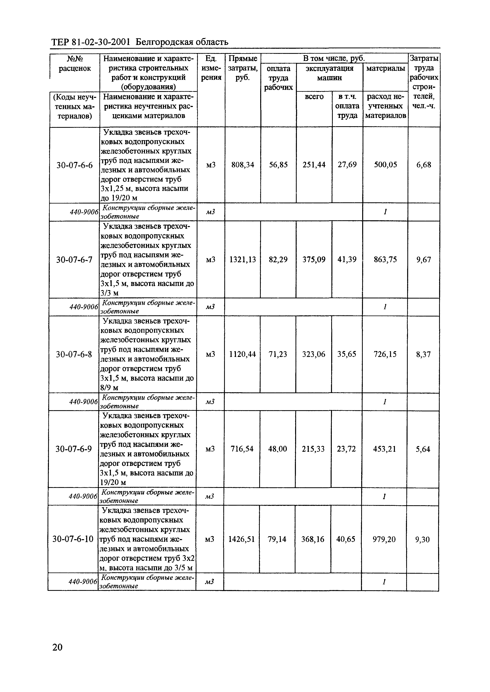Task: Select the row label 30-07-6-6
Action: (75, 165)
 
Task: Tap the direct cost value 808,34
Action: (243, 165)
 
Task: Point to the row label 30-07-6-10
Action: (73, 539)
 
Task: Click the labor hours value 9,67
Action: (424, 259)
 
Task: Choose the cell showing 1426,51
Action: (241, 539)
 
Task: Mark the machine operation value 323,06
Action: (314, 354)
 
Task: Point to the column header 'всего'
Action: (314, 96)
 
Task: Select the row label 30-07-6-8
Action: (74, 354)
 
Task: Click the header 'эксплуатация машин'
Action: (329, 73)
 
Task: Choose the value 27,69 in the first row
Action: (347, 165)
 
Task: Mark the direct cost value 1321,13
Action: (243, 259)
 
